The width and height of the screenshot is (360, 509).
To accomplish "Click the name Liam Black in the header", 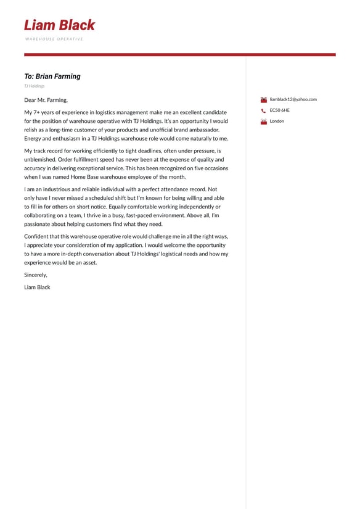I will pos(59,25).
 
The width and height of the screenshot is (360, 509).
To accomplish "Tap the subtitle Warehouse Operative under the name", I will pos(54,39).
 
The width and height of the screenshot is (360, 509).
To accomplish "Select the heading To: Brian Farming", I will pos(52,77).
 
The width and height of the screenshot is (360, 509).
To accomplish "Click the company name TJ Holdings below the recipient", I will pos(35,86).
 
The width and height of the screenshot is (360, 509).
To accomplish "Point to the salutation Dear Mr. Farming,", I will pos(46,100).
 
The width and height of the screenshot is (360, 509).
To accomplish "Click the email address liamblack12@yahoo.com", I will pos(293,99).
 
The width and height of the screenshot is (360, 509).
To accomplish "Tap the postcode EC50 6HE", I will pos(279,110).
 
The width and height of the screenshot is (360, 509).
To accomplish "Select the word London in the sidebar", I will pos(277,121).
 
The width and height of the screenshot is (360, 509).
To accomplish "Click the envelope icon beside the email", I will pos(263,99).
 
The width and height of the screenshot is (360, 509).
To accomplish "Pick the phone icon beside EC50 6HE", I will pos(263,110).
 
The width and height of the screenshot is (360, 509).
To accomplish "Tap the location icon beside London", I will pos(263,121).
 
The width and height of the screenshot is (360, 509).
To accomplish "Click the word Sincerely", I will pos(35,275).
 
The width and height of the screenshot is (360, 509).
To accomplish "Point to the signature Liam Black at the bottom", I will pos(37,287).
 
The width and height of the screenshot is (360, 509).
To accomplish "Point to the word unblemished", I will pos(39,159).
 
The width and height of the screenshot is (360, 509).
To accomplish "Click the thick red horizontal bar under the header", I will pos(179,55).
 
